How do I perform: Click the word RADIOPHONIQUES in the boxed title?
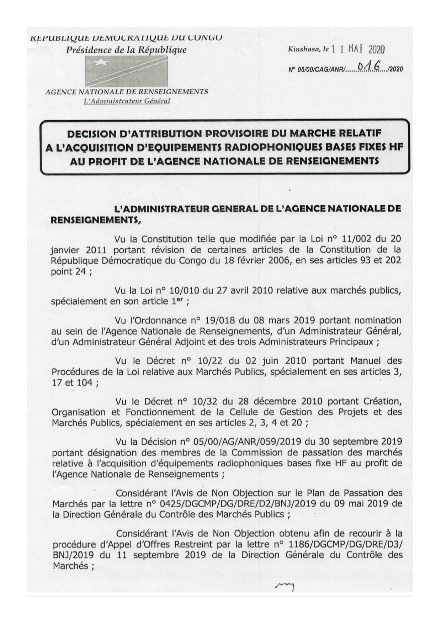point(244,147)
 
